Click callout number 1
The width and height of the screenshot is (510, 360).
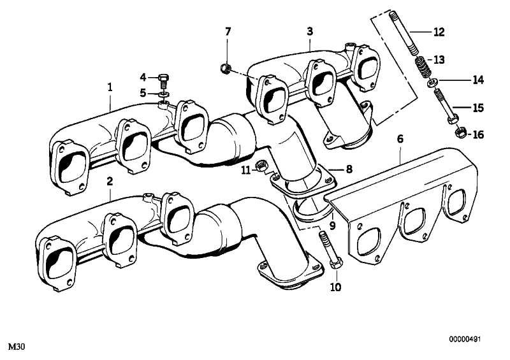tap(110, 87)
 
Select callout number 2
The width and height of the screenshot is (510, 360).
tap(110, 181)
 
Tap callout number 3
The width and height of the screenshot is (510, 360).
tap(310, 32)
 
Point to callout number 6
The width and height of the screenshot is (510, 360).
tap(400, 139)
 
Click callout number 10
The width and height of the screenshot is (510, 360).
tap(336, 287)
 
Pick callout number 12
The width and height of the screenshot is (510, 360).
tap(439, 32)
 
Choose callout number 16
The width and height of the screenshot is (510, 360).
tap(478, 134)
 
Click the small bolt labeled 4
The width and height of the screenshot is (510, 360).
tap(164, 81)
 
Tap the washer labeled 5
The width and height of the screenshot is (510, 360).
tap(164, 94)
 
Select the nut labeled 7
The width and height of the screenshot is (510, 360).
tap(226, 68)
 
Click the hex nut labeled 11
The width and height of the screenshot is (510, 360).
tap(261, 166)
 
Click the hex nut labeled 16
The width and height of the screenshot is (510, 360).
tap(460, 133)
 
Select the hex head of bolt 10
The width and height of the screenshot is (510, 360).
tap(337, 263)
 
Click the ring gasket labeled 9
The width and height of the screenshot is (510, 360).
tap(310, 213)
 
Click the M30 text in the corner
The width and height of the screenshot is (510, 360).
tap(17, 347)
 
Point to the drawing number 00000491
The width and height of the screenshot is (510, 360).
tap(465, 339)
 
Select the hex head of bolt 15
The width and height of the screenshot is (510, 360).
tap(453, 119)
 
